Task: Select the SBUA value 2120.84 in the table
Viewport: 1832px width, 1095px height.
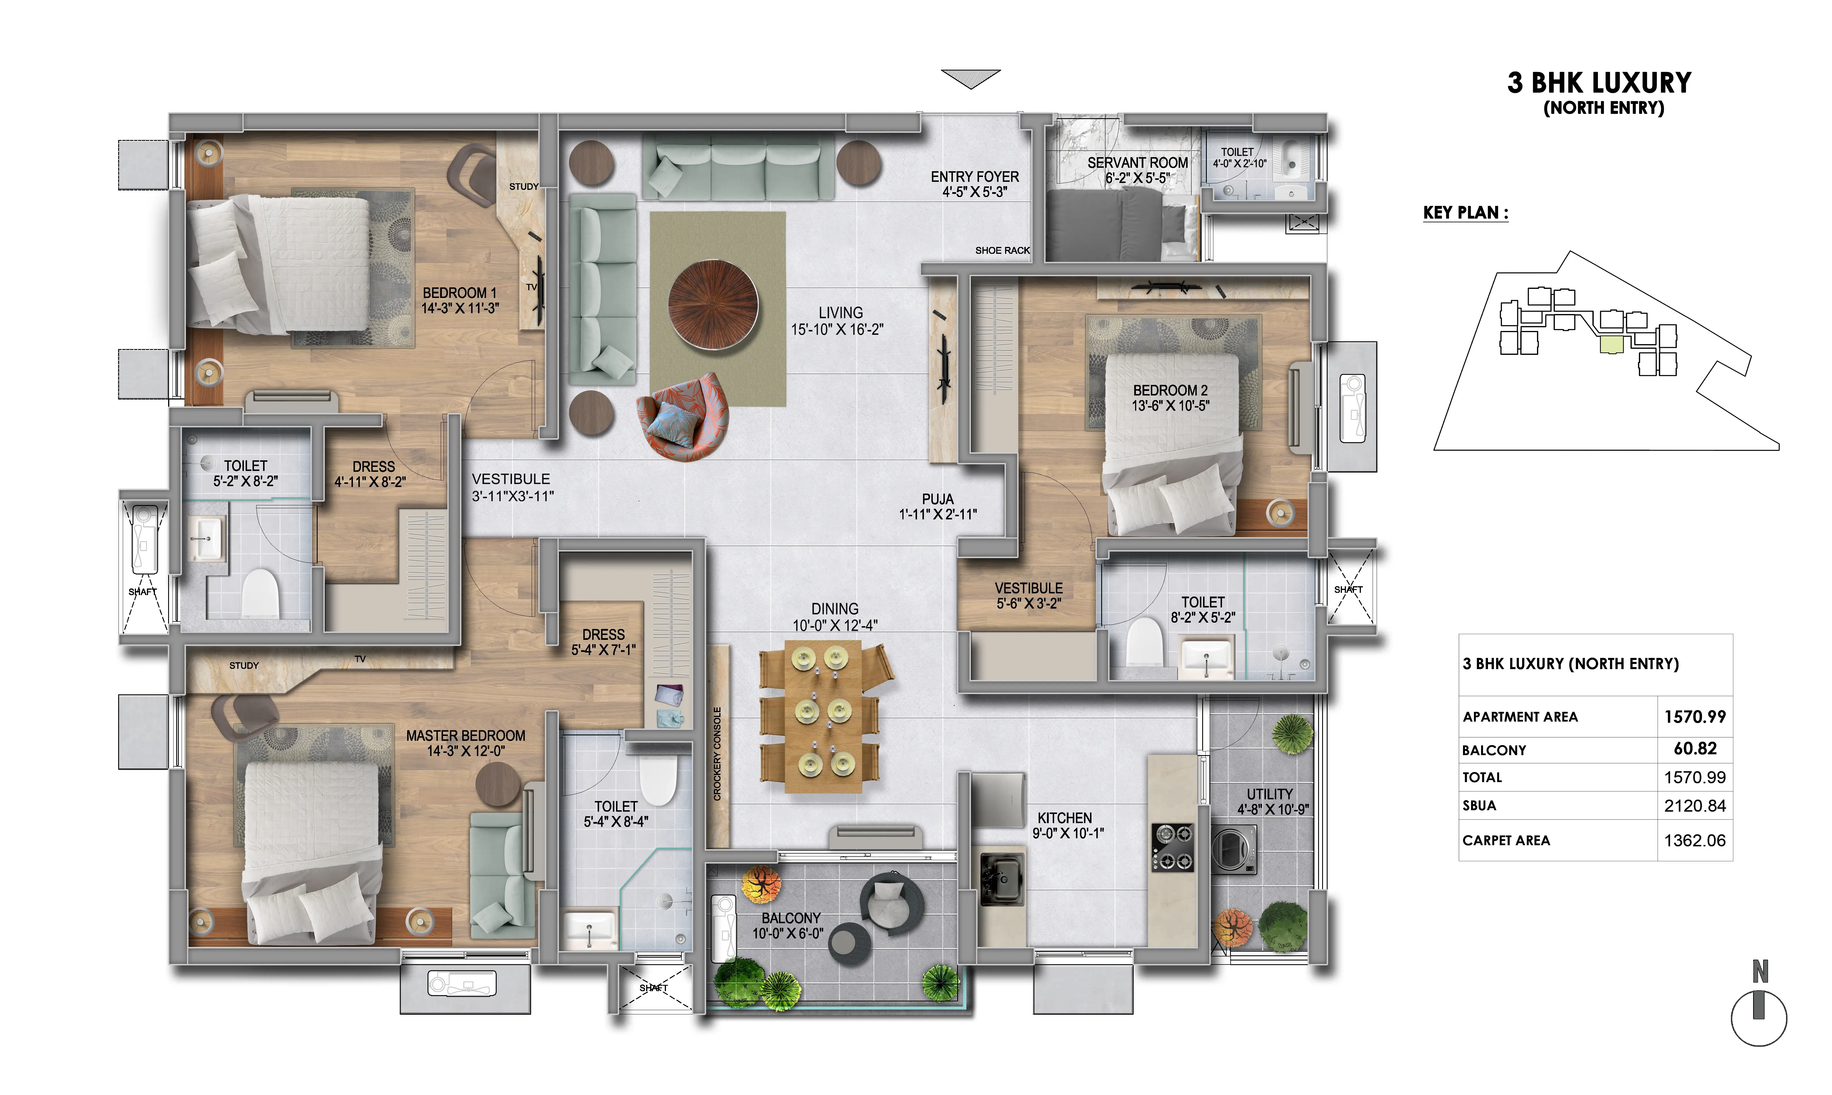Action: [x=1695, y=806]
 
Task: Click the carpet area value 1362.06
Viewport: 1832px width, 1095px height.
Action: [x=1695, y=840]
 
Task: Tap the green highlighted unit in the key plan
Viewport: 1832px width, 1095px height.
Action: [x=1611, y=344]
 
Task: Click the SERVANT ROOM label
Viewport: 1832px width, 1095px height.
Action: [x=1137, y=162]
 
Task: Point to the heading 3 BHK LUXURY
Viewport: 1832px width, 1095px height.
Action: [x=1599, y=83]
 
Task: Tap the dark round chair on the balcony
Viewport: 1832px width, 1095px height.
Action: [x=891, y=903]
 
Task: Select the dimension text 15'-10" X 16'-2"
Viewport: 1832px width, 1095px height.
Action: [x=837, y=330]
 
